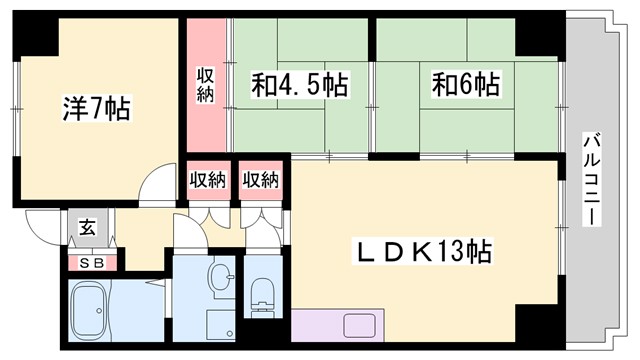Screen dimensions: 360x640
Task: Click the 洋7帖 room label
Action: [x=95, y=105]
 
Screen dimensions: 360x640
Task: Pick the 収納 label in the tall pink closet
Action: [x=205, y=84]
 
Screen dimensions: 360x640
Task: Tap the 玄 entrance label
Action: [x=87, y=227]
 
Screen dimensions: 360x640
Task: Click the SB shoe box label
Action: [x=91, y=264]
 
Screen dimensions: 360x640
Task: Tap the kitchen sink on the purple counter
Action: [x=357, y=325]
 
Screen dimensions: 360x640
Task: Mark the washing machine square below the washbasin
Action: [x=220, y=324]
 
